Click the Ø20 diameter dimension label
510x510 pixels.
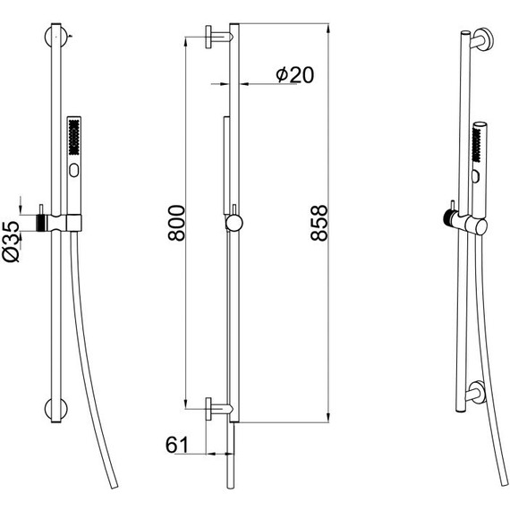[295, 75]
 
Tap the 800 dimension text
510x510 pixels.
[176, 223]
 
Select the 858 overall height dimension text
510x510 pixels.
[319, 223]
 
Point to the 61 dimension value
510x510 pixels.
[177, 445]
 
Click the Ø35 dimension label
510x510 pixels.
[11, 242]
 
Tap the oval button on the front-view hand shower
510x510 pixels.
[74, 170]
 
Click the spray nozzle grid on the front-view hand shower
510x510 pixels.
[74, 137]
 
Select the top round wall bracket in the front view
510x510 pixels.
[56, 37]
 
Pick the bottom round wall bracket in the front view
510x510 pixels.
[56, 409]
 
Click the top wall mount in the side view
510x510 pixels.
[218, 37]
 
